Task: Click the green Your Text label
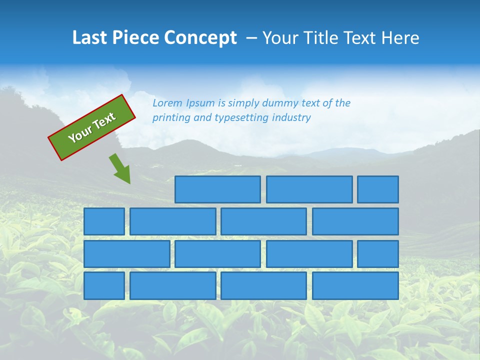(92, 127)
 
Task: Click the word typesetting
(241, 117)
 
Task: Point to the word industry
(291, 117)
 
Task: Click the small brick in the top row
(378, 189)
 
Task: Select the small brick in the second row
(104, 221)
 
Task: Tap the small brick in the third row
(378, 254)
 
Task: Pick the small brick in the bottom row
(104, 286)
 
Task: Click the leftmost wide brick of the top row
(217, 189)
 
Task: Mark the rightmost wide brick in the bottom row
(355, 286)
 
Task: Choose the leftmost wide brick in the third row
(126, 254)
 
